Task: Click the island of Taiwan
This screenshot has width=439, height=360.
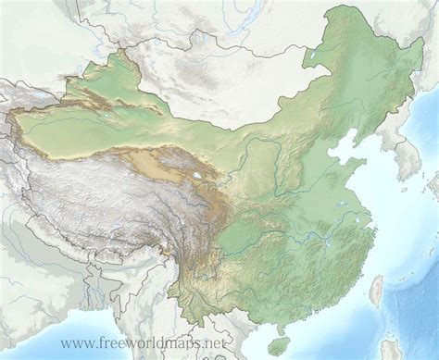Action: [x=377, y=293]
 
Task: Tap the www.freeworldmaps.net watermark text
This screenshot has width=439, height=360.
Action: [x=144, y=343]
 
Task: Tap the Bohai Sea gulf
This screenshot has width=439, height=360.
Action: [x=345, y=148]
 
